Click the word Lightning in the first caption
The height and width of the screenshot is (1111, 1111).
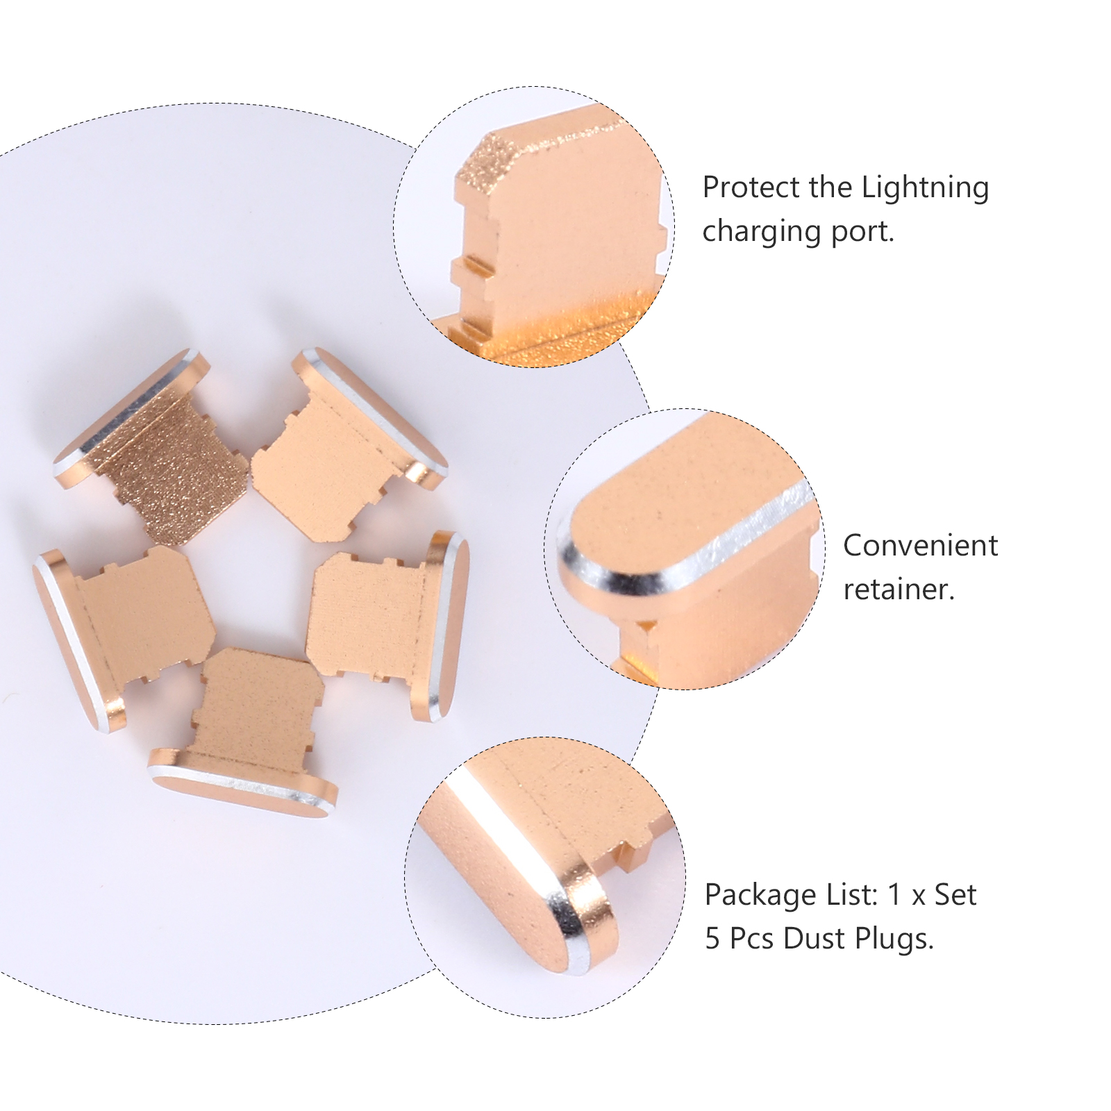coord(925,188)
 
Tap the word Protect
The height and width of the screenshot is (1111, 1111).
coord(752,187)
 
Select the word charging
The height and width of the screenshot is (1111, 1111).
coord(763,232)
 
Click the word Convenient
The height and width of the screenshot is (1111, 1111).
coord(921,546)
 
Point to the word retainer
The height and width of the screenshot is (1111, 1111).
coord(899,590)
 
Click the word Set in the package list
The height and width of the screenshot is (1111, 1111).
coord(955,895)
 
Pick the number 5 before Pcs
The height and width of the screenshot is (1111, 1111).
coord(713,939)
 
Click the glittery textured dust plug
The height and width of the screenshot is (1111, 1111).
coord(152,445)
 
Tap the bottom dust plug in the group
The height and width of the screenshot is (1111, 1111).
coord(243,733)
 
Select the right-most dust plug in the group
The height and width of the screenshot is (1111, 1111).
coord(388,624)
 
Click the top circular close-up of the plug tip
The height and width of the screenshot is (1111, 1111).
coord(534,227)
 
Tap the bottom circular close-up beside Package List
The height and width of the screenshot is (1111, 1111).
coord(545,878)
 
